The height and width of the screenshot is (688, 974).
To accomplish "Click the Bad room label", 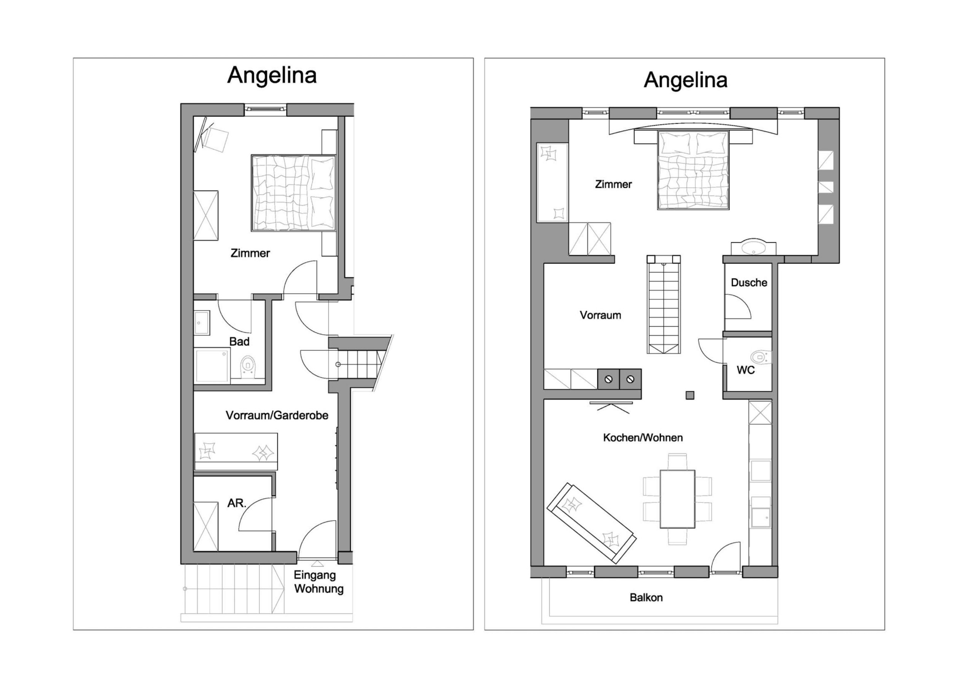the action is point(239,342).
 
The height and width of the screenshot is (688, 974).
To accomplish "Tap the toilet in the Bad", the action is point(247,367).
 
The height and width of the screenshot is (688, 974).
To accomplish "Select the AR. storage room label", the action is point(237,503).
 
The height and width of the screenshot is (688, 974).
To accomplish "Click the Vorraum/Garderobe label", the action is point(277,415).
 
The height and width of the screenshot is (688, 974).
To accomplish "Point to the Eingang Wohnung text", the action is point(318,582).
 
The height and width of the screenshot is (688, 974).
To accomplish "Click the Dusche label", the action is point(749,283).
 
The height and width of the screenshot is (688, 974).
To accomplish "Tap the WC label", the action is point(745,370).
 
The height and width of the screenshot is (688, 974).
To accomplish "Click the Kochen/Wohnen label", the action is point(643,437).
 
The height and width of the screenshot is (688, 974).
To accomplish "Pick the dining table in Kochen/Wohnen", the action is point(678,499).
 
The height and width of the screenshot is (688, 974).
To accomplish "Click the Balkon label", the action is point(646,597).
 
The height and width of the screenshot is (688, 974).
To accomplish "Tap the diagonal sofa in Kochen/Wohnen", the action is point(591,523).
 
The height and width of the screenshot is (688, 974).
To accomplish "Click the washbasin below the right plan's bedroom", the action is point(753,246).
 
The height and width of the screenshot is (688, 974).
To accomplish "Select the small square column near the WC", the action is point(690,395).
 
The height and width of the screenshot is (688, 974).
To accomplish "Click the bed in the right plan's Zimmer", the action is point(693,170).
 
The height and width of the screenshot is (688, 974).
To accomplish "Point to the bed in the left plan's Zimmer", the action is point(294,193).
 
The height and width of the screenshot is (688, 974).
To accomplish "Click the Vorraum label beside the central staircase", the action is point(600,315).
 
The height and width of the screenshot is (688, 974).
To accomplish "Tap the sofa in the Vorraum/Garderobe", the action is point(236,452).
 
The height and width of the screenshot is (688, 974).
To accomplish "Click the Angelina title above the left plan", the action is point(272,76).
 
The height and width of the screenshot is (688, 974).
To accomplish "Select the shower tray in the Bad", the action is point(212,365).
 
